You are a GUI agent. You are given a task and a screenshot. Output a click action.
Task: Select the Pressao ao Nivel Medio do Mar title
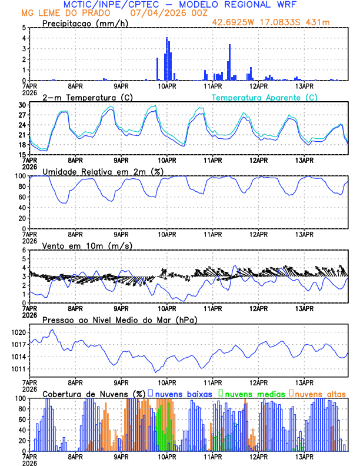pyautogui.click(x=119, y=319)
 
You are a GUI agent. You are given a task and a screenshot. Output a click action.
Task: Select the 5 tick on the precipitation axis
pyautogui.click(x=24, y=28)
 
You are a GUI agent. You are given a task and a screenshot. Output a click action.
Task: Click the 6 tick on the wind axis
pyautogui.click(x=24, y=250)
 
